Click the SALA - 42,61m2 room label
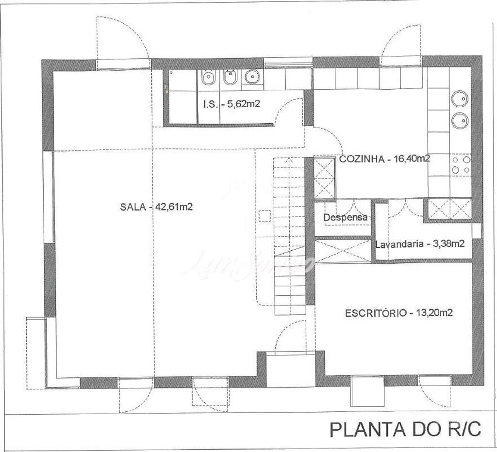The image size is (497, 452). pyautogui.click(x=156, y=207)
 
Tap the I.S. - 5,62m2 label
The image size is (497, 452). pyautogui.click(x=232, y=103)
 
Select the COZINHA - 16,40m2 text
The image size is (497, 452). pyautogui.click(x=384, y=159)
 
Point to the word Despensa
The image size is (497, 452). pyautogui.click(x=345, y=218)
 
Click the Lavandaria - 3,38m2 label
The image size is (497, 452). pyautogui.click(x=420, y=244)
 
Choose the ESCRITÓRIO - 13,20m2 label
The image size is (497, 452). pyautogui.click(x=399, y=313)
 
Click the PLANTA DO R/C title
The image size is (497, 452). pyautogui.click(x=405, y=429)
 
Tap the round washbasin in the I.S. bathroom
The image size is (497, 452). pyautogui.click(x=251, y=77)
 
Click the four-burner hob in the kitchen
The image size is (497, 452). pyautogui.click(x=461, y=164)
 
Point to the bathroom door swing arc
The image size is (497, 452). pyautogui.click(x=287, y=110)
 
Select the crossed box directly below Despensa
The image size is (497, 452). pyautogui.click(x=343, y=251)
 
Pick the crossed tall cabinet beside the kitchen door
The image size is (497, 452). pyautogui.click(x=324, y=178)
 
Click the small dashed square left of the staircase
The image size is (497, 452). pyautogui.click(x=265, y=216)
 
